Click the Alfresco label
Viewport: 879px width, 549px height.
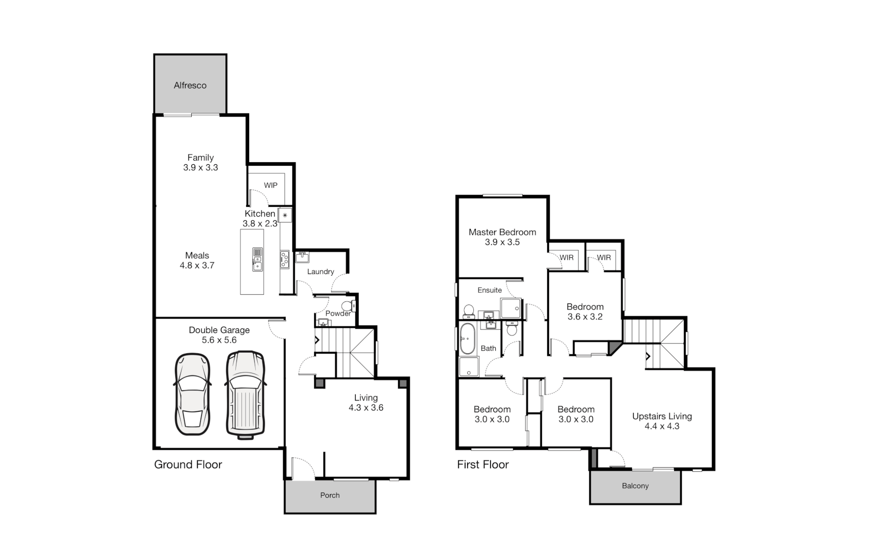(x=190, y=85)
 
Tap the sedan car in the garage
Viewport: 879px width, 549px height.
(x=192, y=394)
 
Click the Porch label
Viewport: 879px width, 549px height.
(x=330, y=495)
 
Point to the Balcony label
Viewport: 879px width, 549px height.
(x=635, y=486)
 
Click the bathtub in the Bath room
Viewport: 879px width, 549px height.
(x=467, y=339)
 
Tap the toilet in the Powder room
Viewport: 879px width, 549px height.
(x=347, y=306)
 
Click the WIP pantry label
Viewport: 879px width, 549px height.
(x=270, y=186)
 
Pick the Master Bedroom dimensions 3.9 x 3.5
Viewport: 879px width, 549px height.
(x=502, y=242)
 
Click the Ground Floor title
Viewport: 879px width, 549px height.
(x=188, y=465)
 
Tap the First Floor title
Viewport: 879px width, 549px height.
(x=482, y=465)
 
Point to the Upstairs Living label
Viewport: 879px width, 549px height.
(x=662, y=416)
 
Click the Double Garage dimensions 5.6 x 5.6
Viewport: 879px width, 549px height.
(x=219, y=340)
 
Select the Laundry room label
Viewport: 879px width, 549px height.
(x=320, y=271)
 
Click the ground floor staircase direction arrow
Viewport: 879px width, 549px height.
(x=317, y=340)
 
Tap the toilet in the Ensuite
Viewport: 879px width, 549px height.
(x=469, y=311)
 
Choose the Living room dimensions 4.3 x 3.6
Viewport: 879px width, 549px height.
(x=366, y=408)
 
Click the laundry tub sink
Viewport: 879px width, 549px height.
(x=302, y=257)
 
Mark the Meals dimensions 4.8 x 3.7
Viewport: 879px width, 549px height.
(x=197, y=265)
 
